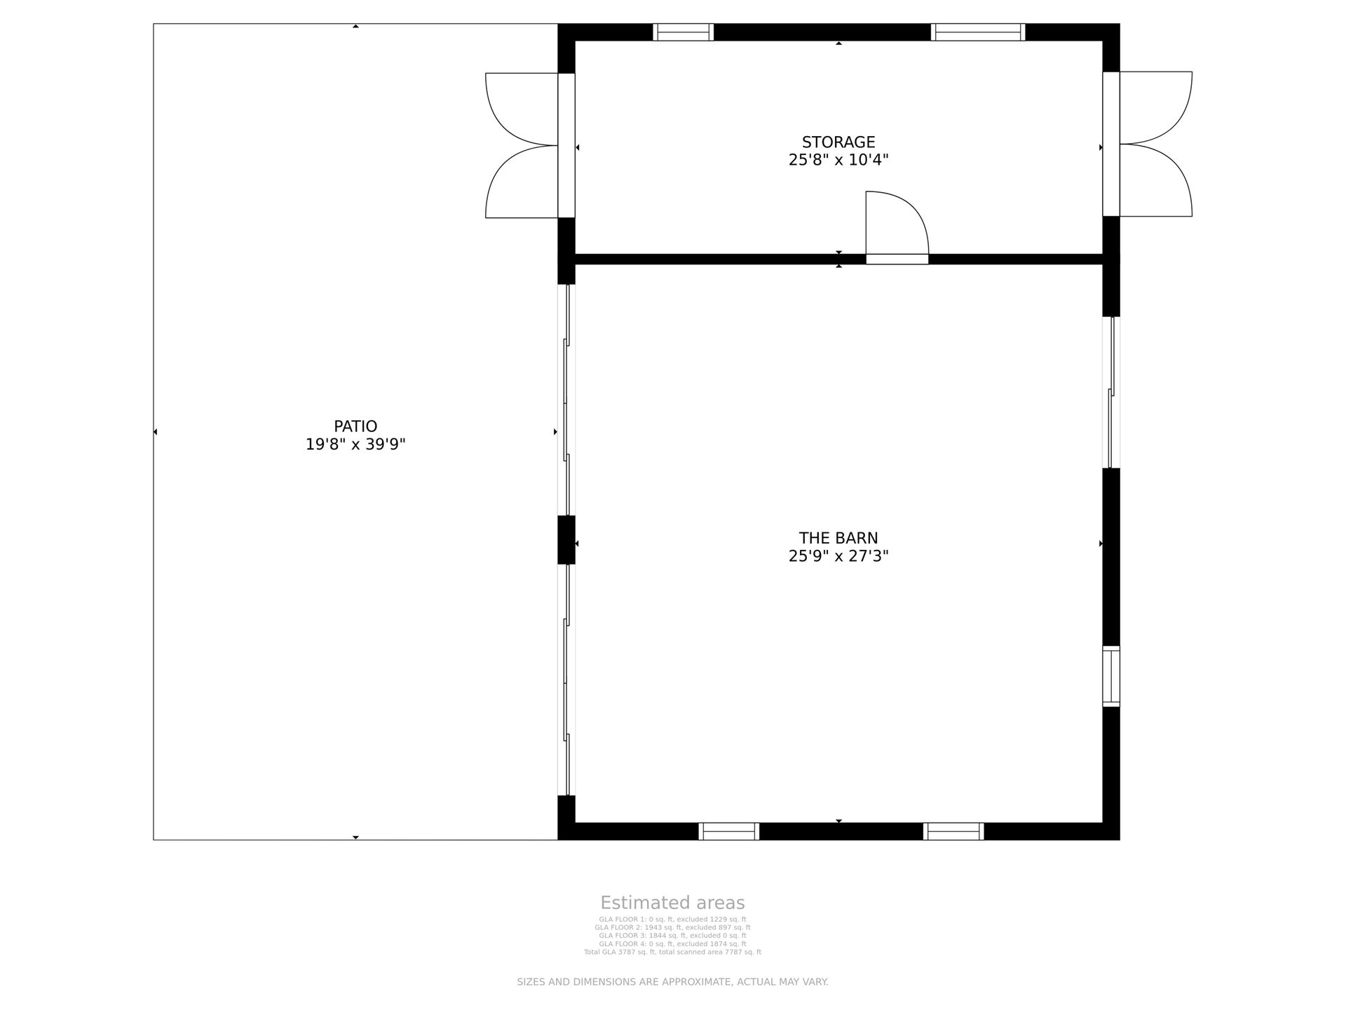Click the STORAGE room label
pos(838,142)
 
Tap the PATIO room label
pos(355,426)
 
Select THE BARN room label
pos(838,538)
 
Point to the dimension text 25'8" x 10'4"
pos(838,160)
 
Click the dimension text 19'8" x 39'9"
pos(355,444)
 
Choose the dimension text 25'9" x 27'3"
pos(838,556)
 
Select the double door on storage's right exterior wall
pos(1148,144)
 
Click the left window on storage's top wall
pos(684,32)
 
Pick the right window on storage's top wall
pos(978,32)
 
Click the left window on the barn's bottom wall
pos(729,831)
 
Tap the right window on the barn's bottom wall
pos(953,831)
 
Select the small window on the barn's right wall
pos(1111,676)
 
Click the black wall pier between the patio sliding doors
pos(566,539)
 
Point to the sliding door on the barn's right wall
pos(1111,392)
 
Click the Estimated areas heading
pos(672,903)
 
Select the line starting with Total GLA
pos(672,952)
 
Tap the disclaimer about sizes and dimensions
pos(672,982)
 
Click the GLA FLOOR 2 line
pos(672,927)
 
